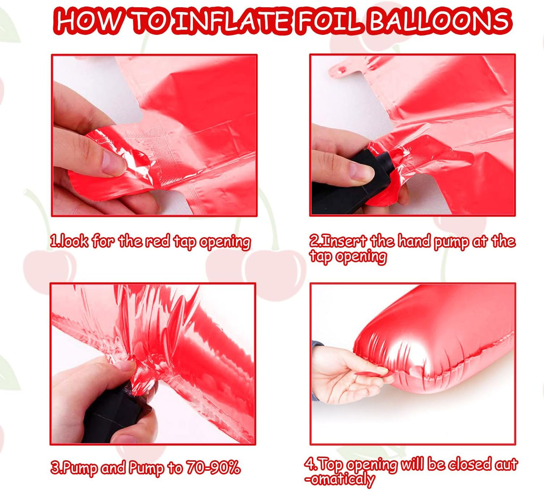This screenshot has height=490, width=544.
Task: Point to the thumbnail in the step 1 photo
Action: point(113,163)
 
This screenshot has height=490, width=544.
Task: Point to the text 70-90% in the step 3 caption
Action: point(213,467)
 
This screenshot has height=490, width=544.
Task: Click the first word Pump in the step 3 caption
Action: point(82,468)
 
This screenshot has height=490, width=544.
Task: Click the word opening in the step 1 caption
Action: point(225,242)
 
